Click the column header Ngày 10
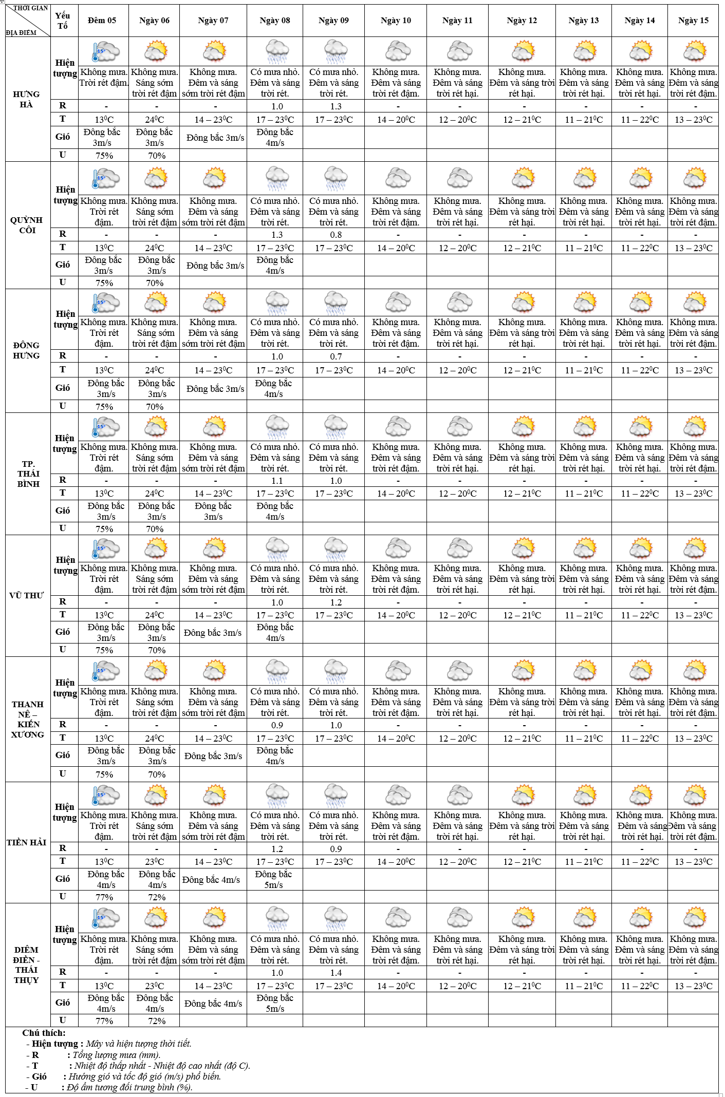[396, 21]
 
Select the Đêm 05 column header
[102, 21]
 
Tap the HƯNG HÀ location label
[26, 99]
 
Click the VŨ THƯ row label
[26, 595]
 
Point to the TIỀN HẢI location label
[26, 842]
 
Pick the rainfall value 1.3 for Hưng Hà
[336, 106]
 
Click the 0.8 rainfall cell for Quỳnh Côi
[336, 235]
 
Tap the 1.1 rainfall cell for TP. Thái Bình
[277, 481]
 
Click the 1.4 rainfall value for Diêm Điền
[336, 973]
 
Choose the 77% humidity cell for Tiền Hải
[104, 897]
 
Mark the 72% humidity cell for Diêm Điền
[157, 1021]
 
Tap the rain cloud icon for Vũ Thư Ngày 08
[277, 549]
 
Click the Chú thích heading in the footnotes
[44, 1033]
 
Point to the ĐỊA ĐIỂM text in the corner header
[21, 33]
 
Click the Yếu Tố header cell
[63, 21]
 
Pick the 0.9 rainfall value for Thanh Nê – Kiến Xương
[277, 725]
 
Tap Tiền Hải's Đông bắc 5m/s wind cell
[273, 879]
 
